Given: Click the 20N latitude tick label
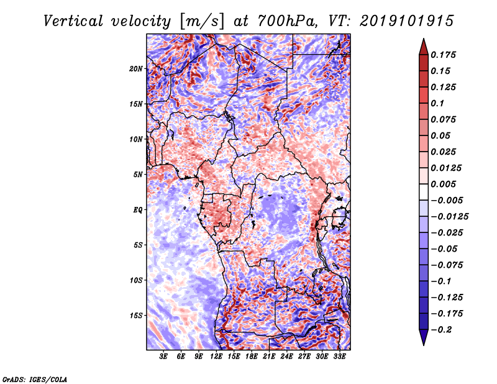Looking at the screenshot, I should pyautogui.click(x=136, y=68).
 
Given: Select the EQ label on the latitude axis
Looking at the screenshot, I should pyautogui.click(x=138, y=209).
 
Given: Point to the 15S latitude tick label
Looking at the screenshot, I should pyautogui.click(x=136, y=315).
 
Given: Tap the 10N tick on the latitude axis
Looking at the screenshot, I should pyautogui.click(x=136, y=139).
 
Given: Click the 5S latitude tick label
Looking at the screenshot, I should pyautogui.click(x=138, y=245).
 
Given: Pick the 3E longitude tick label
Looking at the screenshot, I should pyautogui.click(x=163, y=357).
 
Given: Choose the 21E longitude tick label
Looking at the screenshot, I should pyautogui.click(x=269, y=357).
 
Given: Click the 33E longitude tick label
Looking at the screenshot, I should pyautogui.click(x=339, y=357).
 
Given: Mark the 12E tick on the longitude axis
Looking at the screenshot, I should pyautogui.click(x=216, y=357).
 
